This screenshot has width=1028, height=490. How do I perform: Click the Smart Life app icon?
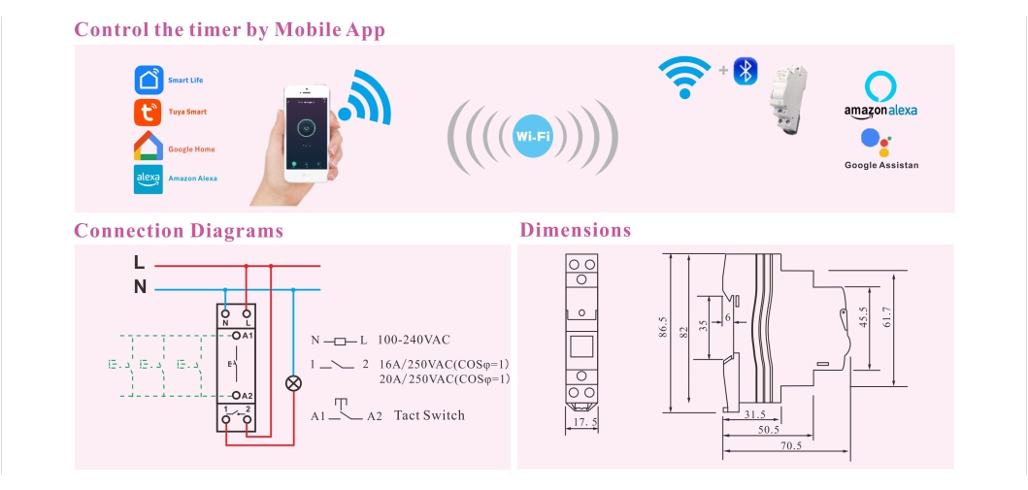[x=149, y=80]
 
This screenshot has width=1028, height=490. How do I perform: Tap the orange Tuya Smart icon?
[x=148, y=112]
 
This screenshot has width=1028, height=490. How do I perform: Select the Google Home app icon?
[x=149, y=146]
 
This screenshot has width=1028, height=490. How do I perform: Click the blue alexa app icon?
[x=149, y=179]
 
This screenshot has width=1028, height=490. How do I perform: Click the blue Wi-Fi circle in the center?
[x=532, y=136]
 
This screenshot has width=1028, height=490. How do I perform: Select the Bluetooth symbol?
[x=746, y=71]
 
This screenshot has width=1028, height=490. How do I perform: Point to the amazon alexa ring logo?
[x=879, y=86]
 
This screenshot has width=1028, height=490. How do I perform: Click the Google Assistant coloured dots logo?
[x=876, y=143]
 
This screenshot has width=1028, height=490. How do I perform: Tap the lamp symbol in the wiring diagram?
[x=294, y=383]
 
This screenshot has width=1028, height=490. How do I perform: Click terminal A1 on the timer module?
[x=237, y=336]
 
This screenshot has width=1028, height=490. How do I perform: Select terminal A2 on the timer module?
[x=237, y=396]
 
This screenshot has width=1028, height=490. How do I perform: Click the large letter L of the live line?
[x=139, y=263]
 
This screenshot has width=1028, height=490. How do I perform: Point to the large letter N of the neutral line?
[x=140, y=287]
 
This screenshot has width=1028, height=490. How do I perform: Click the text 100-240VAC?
[x=414, y=340]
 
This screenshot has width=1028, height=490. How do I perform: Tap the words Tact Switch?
[x=429, y=415]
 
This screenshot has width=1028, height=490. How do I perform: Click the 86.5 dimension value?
[x=662, y=327]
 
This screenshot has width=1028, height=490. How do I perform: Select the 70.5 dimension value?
[x=790, y=445]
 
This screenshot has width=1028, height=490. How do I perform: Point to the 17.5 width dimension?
[x=584, y=422]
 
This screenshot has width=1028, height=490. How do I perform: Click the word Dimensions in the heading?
[x=576, y=230]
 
